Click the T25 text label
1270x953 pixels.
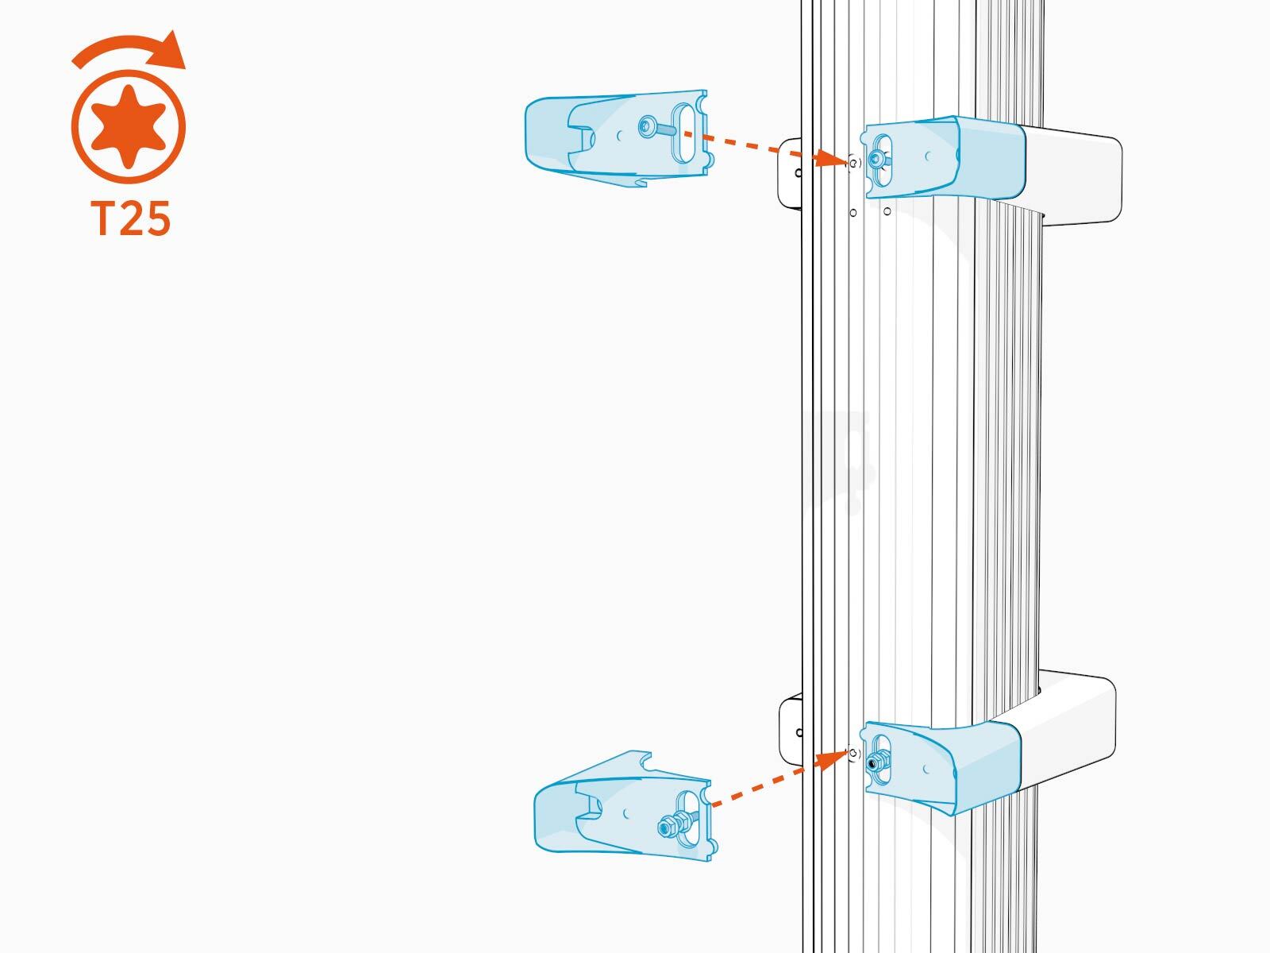click(x=130, y=218)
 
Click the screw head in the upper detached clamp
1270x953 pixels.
click(x=648, y=127)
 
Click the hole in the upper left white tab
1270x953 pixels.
click(x=798, y=173)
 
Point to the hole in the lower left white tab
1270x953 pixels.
click(x=799, y=733)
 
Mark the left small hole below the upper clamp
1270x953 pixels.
click(x=852, y=214)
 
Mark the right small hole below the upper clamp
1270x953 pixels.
click(x=887, y=212)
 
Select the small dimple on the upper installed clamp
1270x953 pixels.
click(x=928, y=156)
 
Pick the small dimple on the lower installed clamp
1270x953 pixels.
click(x=926, y=770)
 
